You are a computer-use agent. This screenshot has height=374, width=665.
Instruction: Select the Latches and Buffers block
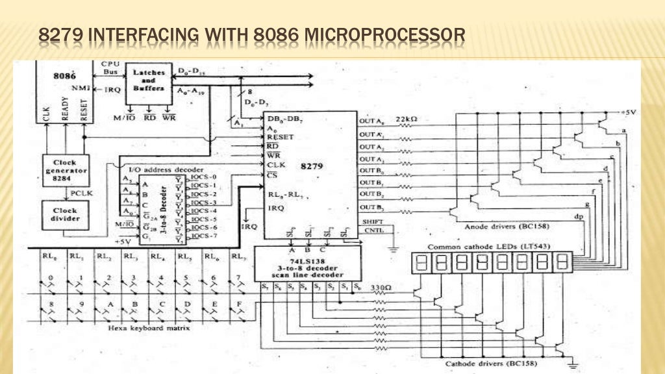(x=149, y=81)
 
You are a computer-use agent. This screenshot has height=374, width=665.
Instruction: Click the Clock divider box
(x=64, y=215)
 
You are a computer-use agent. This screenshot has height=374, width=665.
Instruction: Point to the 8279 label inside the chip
(x=311, y=166)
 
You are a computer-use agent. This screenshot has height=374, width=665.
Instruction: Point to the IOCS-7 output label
(x=208, y=236)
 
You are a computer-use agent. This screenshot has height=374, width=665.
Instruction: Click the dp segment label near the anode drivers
(x=578, y=216)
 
